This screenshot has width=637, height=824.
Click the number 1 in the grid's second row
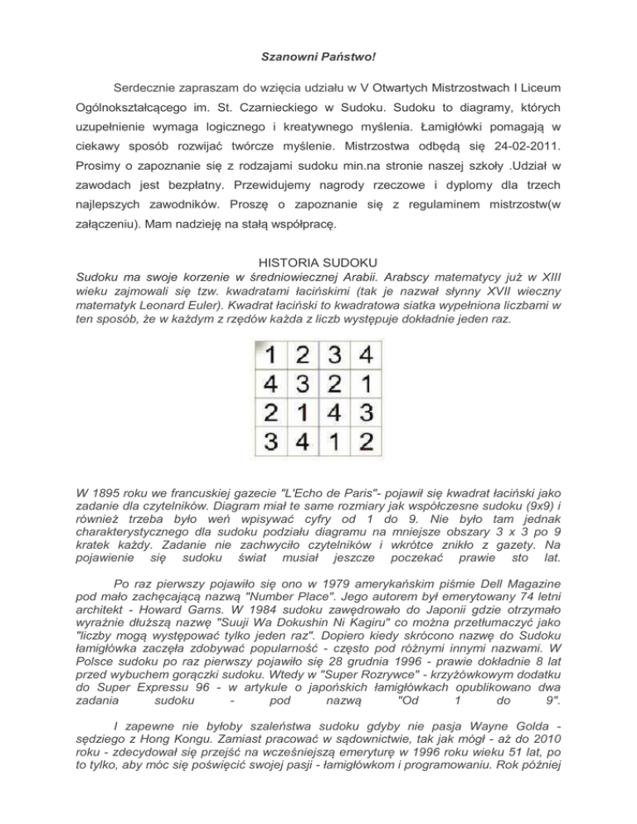(x=365, y=386)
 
